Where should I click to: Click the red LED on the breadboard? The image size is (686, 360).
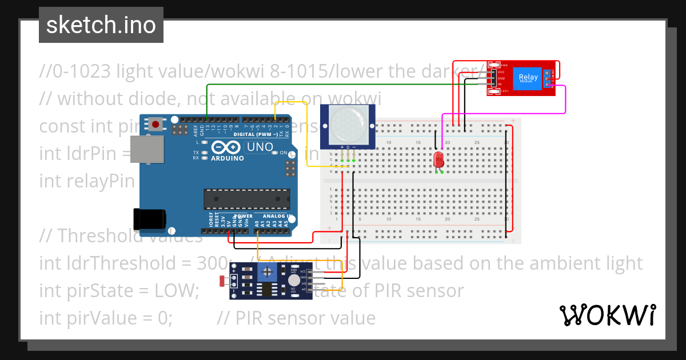tap(439, 159)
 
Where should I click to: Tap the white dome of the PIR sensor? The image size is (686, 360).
tap(348, 123)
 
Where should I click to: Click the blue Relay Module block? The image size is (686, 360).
tap(528, 78)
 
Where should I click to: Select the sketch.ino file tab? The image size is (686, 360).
tap(101, 25)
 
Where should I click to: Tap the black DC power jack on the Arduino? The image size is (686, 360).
tap(149, 219)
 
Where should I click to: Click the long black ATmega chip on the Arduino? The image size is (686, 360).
tap(246, 198)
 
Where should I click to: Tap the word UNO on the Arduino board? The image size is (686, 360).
tap(260, 147)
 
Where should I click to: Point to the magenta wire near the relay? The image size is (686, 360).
tap(565, 100)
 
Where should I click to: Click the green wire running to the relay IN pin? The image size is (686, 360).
tap(343, 85)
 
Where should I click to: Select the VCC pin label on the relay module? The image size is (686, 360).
tap(501, 72)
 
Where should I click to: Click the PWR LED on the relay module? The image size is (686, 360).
tap(496, 65)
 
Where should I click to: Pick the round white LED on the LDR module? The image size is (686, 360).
tap(294, 280)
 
